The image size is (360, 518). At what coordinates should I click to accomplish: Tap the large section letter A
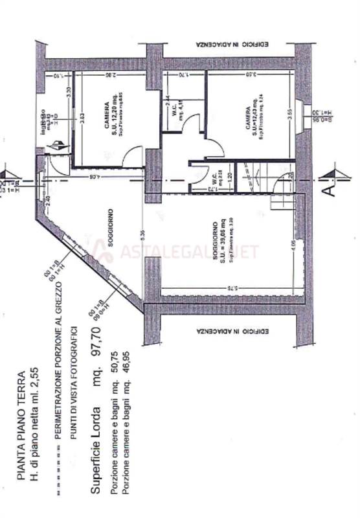coord(329,192)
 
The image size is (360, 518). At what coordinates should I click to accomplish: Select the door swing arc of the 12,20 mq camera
coord(133,156)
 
